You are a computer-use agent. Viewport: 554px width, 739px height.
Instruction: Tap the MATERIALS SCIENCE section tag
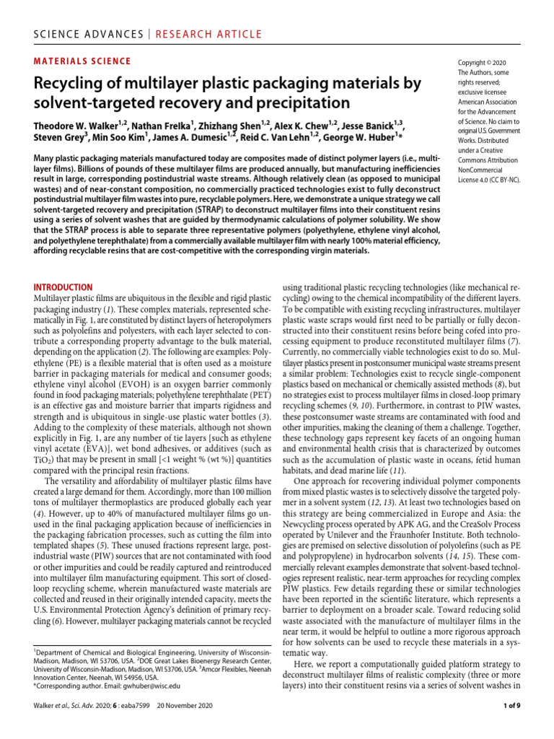click(x=83, y=61)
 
